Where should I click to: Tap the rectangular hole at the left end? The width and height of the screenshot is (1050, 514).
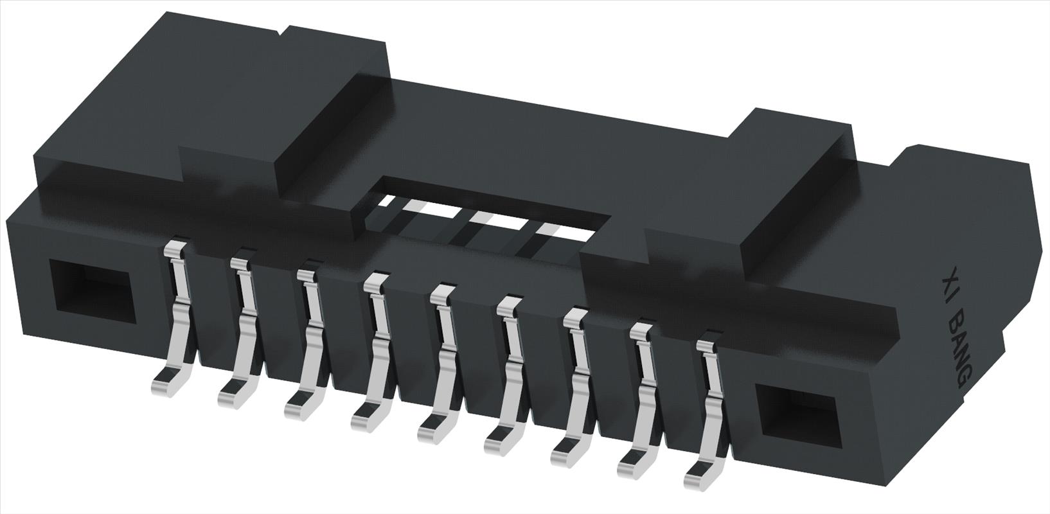coord(91,292)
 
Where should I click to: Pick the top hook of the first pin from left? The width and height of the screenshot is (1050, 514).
coord(175,249)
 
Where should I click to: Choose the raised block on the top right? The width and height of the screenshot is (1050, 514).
coord(797,193)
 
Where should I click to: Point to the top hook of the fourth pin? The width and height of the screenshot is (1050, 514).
coord(375,281)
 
